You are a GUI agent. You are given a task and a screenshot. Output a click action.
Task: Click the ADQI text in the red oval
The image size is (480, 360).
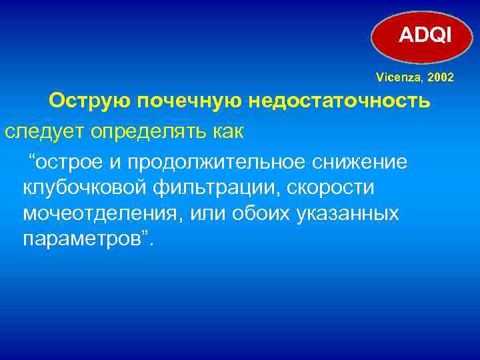[425, 34]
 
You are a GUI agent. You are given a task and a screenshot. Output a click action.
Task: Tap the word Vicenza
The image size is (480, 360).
[395, 78]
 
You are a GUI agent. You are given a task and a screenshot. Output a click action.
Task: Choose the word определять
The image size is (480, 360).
[146, 132]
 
